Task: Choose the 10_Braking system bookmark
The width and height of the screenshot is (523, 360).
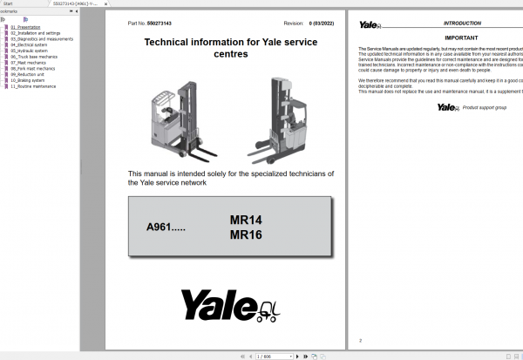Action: coord(28,81)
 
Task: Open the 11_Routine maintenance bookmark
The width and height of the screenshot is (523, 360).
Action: coord(32,87)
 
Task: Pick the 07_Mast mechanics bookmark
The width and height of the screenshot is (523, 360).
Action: coord(28,64)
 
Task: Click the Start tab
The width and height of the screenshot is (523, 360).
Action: coord(11,3)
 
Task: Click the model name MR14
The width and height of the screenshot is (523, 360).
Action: coord(246,221)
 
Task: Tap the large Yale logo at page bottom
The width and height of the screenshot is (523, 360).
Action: coord(230,304)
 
